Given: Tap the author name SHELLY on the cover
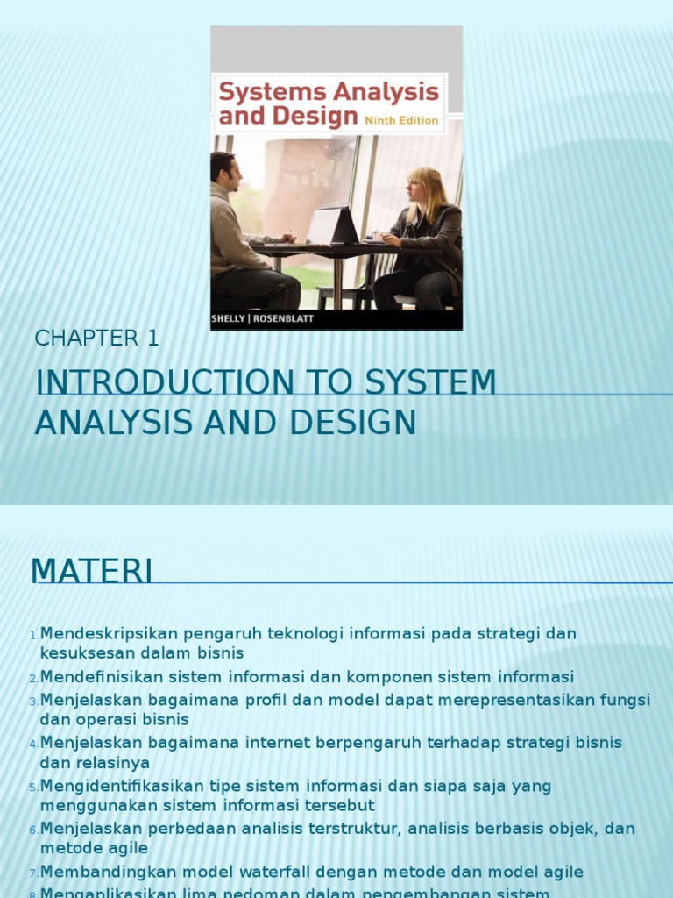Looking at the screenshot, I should coord(234,319).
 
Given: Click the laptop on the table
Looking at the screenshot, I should coord(332,225).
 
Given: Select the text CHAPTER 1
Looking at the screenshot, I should coord(96,338).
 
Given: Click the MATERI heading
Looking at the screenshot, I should coord(91,571).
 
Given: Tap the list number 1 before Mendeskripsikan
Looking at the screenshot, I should coord(33,635).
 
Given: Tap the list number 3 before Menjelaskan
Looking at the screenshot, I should coord(33,701).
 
